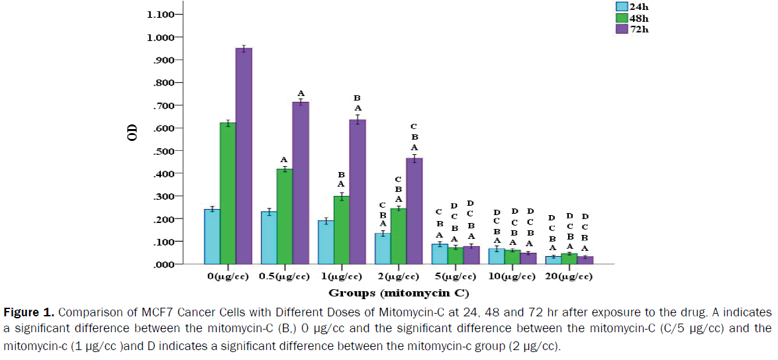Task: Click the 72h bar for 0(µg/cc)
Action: pos(244,156)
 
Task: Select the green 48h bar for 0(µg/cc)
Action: pos(228,193)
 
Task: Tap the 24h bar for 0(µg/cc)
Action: pos(212,236)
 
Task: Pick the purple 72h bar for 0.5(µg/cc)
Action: pos(301,183)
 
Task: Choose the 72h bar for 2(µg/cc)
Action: pos(414,211)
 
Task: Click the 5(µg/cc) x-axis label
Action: pos(454,276)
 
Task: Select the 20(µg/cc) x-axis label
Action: pos(569,276)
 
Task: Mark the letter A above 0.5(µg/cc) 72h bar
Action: pos(301,93)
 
